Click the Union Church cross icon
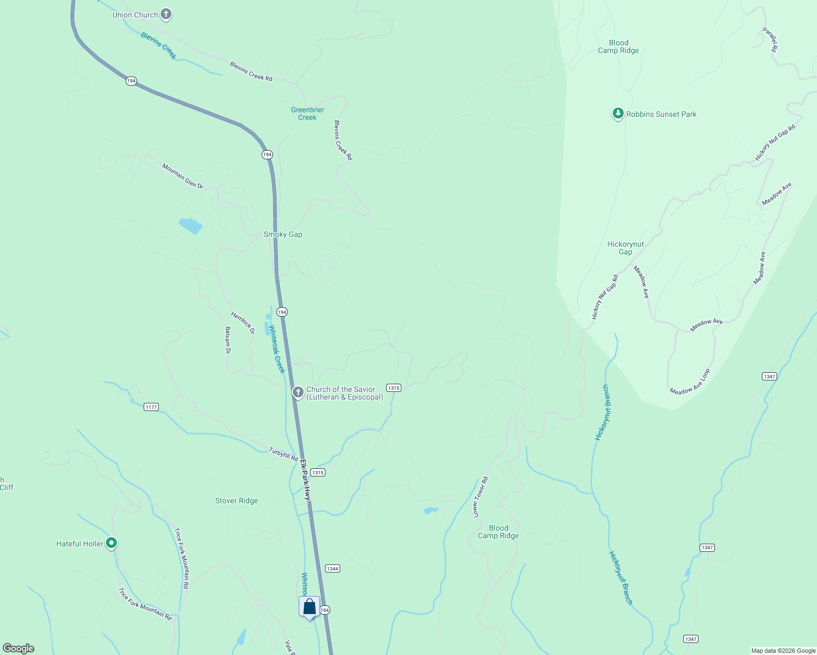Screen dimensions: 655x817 tap(167, 15)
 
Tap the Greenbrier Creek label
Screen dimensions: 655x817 tap(307, 114)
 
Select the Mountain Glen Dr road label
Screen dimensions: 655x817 tap(182, 176)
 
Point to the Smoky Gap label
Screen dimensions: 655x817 tap(283, 234)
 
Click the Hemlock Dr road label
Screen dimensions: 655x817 tap(242, 323)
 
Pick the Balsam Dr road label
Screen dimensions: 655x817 tap(228, 340)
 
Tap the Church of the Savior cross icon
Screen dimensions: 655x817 tap(298, 392)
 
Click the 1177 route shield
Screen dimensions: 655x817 tap(151, 407)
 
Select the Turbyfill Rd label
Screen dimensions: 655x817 tap(283, 454)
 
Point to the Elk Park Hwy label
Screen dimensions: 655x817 tap(305, 480)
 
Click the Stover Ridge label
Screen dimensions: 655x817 tap(236, 501)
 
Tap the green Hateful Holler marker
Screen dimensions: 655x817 tap(111, 543)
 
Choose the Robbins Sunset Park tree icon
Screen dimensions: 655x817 tap(618, 114)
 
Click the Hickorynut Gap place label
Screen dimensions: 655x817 tap(625, 248)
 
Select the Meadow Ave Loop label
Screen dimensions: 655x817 tap(690, 382)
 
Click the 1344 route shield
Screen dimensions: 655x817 tap(333, 568)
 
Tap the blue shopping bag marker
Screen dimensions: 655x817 tap(309, 607)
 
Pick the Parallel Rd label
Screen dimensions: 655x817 tap(770, 40)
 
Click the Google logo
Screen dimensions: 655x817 tap(19, 648)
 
